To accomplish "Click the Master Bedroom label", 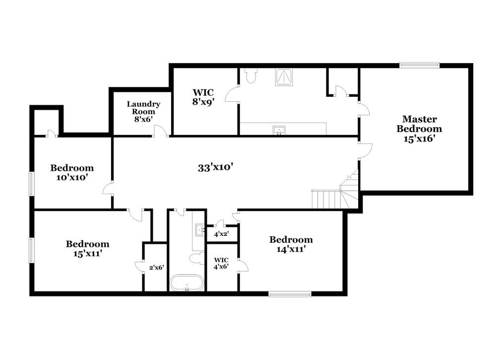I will [x=419, y=129].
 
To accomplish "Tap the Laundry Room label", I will [x=143, y=112].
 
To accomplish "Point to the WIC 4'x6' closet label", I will [x=221, y=263].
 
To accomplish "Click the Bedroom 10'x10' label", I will [x=72, y=172].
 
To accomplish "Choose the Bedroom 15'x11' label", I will [x=88, y=248].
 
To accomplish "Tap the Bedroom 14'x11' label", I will [x=291, y=244].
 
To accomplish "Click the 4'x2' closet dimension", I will [x=221, y=234].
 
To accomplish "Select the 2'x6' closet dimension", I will [x=156, y=267].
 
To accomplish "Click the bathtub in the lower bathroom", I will [x=186, y=283].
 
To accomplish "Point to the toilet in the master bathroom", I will [x=251, y=75].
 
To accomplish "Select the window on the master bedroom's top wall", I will [x=420, y=65].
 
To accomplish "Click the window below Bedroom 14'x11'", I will [x=290, y=293].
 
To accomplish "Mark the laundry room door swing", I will [x=160, y=131].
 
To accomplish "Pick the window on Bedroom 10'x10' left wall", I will [x=31, y=183].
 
